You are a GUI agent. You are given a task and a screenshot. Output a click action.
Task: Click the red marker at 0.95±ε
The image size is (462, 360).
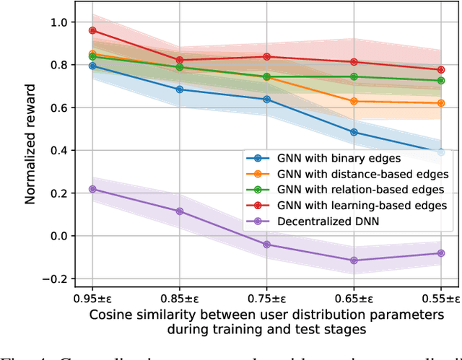coord(92,30)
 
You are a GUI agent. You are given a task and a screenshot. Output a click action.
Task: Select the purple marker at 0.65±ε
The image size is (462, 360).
coord(354,260)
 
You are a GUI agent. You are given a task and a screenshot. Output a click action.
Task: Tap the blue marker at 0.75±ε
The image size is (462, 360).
coord(266,99)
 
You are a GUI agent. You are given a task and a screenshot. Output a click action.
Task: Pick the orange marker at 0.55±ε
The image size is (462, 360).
coord(441,103)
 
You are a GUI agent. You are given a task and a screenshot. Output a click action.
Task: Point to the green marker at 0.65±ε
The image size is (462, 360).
coord(354,76)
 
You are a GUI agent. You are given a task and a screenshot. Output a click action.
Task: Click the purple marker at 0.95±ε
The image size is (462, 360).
coord(92,189)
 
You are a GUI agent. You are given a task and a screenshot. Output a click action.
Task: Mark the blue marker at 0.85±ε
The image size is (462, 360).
coord(180,89)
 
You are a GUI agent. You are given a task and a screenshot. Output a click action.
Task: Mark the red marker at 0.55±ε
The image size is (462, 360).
coord(441,70)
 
